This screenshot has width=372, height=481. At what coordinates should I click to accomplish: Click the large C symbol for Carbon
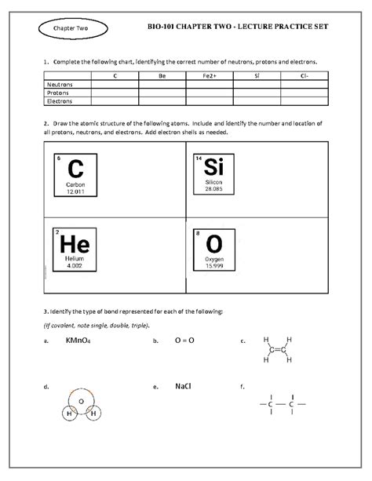(75, 169)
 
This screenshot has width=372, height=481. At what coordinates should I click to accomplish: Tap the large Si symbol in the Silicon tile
(214, 167)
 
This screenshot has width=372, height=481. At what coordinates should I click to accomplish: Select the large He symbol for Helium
(75, 244)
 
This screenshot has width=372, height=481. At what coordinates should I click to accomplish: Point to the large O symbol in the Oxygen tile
(214, 244)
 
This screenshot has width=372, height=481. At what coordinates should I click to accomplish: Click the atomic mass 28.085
(214, 189)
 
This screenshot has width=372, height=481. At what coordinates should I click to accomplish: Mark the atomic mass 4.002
(75, 266)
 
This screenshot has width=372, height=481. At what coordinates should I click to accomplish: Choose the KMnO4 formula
(69, 341)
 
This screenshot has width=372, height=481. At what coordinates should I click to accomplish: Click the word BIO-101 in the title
(166, 27)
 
